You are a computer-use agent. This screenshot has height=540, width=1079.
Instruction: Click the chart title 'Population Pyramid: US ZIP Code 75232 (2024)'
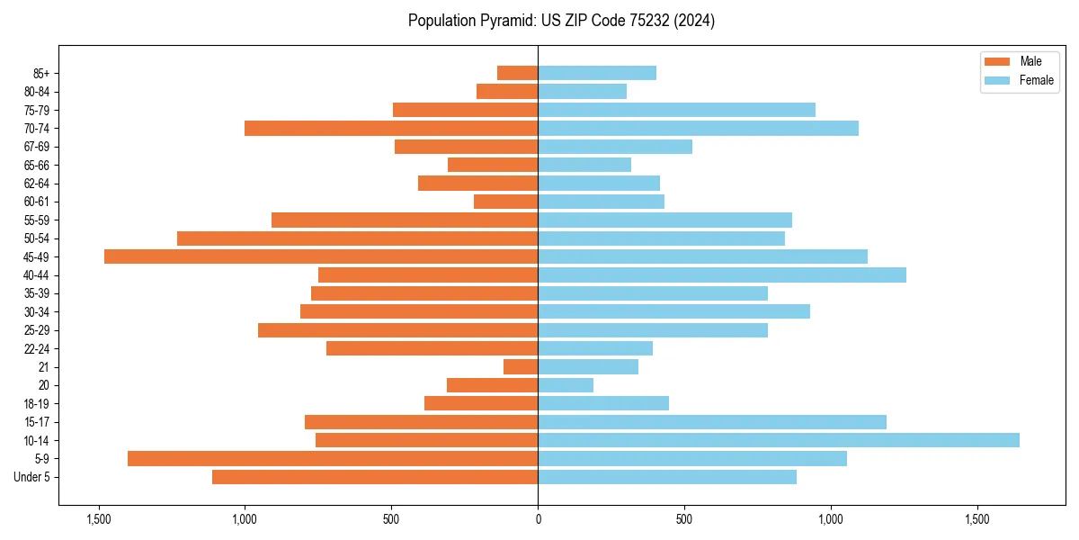click(x=561, y=21)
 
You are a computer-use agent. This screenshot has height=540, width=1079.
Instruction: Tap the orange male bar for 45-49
click(x=321, y=256)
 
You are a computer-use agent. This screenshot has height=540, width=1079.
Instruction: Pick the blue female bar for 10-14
click(x=779, y=440)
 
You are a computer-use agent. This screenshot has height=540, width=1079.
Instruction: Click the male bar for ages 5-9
click(x=333, y=458)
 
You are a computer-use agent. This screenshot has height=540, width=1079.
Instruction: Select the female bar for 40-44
click(x=722, y=274)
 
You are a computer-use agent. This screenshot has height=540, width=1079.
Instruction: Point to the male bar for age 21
click(x=521, y=366)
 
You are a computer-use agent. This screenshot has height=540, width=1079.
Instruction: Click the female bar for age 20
click(x=566, y=385)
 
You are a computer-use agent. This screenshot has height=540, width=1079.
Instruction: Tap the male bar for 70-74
click(x=391, y=128)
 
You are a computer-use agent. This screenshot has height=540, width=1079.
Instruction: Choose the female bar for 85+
click(x=597, y=73)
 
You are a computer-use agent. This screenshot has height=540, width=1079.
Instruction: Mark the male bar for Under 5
click(x=375, y=477)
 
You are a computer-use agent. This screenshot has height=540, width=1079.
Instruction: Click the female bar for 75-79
click(x=676, y=110)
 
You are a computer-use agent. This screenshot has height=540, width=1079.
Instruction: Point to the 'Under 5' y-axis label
click(x=32, y=477)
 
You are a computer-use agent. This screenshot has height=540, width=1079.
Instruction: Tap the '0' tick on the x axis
click(x=538, y=519)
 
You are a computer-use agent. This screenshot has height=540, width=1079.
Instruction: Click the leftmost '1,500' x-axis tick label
click(x=98, y=519)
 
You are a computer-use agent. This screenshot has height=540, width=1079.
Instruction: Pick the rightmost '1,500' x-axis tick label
click(x=977, y=519)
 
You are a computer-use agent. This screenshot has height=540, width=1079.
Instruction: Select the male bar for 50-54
click(x=357, y=238)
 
